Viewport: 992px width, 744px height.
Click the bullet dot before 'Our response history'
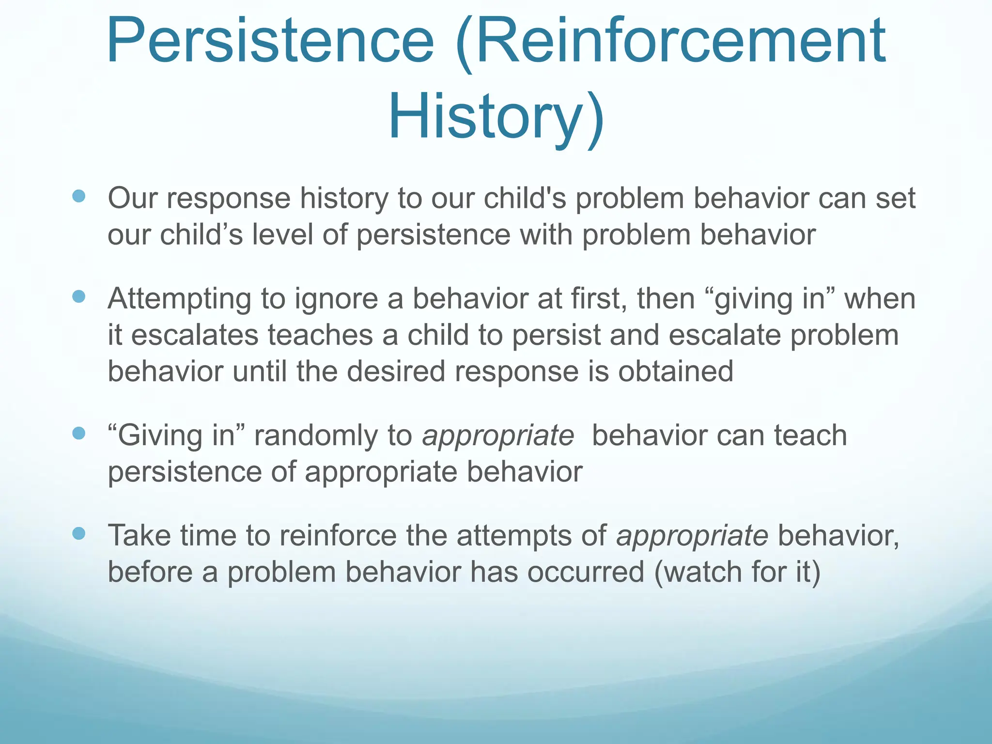pos(78,196)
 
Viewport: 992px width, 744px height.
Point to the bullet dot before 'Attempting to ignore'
pos(78,296)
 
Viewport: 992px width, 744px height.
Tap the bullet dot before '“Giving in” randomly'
pos(78,433)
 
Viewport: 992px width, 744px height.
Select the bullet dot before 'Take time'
pos(78,533)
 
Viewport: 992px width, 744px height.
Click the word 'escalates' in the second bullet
pos(195,335)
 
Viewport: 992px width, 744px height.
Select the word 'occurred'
pos(586,572)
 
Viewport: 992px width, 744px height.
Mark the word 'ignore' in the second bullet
pos(336,299)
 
